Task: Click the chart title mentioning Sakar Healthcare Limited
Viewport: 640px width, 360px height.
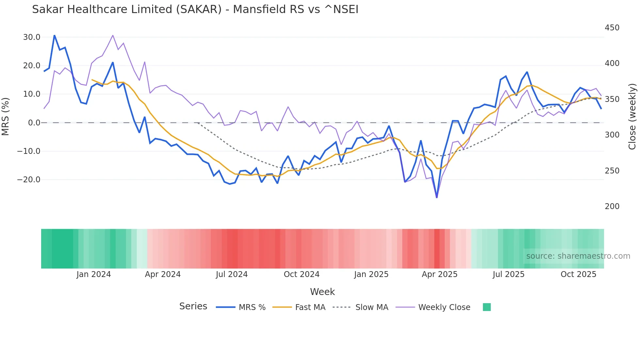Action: click(195, 9)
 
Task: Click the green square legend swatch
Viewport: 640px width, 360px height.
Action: click(487, 307)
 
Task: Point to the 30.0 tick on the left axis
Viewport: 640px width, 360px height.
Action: click(32, 37)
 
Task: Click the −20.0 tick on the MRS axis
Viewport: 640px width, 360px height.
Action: click(29, 180)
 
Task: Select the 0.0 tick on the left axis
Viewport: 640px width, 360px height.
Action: click(34, 123)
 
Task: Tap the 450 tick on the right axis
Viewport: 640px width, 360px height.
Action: click(612, 28)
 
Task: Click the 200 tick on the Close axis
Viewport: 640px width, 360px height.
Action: click(612, 206)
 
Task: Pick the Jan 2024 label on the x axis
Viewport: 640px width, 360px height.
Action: click(94, 274)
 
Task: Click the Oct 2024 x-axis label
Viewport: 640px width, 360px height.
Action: click(301, 274)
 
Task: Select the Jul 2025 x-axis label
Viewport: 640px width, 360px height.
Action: click(508, 274)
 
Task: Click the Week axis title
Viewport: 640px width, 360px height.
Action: click(322, 292)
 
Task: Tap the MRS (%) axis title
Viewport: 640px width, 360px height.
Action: click(6, 116)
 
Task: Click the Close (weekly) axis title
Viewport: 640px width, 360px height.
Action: click(632, 116)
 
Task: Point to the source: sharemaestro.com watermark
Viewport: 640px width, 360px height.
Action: click(578, 256)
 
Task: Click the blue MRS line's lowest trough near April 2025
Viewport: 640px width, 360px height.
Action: click(437, 197)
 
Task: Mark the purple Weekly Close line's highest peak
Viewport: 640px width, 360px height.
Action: click(113, 35)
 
